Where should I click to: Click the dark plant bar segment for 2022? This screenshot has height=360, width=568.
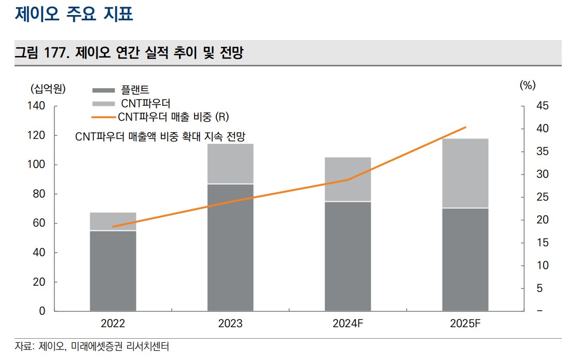[x=113, y=271]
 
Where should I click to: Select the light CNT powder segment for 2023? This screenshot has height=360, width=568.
[x=230, y=163]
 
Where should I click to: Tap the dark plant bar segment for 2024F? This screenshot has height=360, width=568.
[x=348, y=256]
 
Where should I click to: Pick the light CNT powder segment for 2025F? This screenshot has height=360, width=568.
[x=465, y=173]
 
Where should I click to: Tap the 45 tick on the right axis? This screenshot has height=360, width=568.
[x=542, y=106]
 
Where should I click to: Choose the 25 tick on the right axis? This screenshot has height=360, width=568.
[x=542, y=197]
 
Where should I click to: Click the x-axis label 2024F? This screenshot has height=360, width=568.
[x=348, y=324]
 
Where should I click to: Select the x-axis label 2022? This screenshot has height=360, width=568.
[x=113, y=324]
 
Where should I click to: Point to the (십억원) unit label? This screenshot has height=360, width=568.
[x=48, y=88]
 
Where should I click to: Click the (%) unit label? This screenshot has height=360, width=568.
[x=528, y=85]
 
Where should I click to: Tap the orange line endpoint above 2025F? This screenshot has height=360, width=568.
[x=465, y=127]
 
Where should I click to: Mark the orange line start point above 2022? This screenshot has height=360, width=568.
[x=113, y=227]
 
